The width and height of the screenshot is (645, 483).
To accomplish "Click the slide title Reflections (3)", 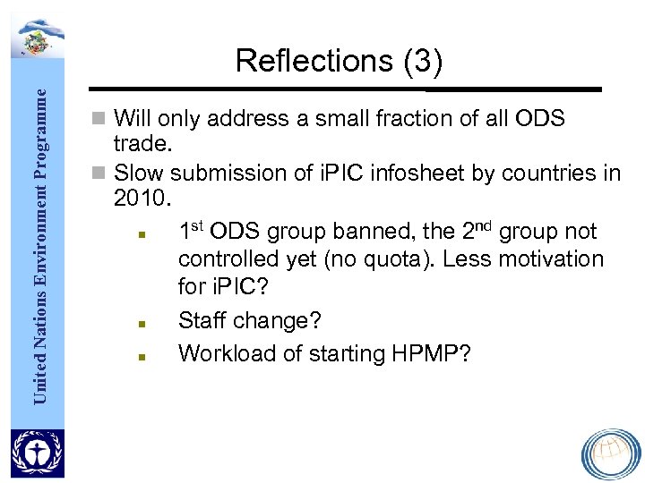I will tap(339, 61).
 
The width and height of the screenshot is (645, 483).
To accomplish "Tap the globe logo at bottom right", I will tap(611, 455).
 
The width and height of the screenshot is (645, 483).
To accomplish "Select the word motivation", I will tap(547, 259).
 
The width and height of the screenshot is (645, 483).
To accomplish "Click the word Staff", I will tap(203, 319).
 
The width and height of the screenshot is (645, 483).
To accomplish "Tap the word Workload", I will tap(227, 353).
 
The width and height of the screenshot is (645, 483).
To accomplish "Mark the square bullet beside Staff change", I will tap(142, 321).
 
